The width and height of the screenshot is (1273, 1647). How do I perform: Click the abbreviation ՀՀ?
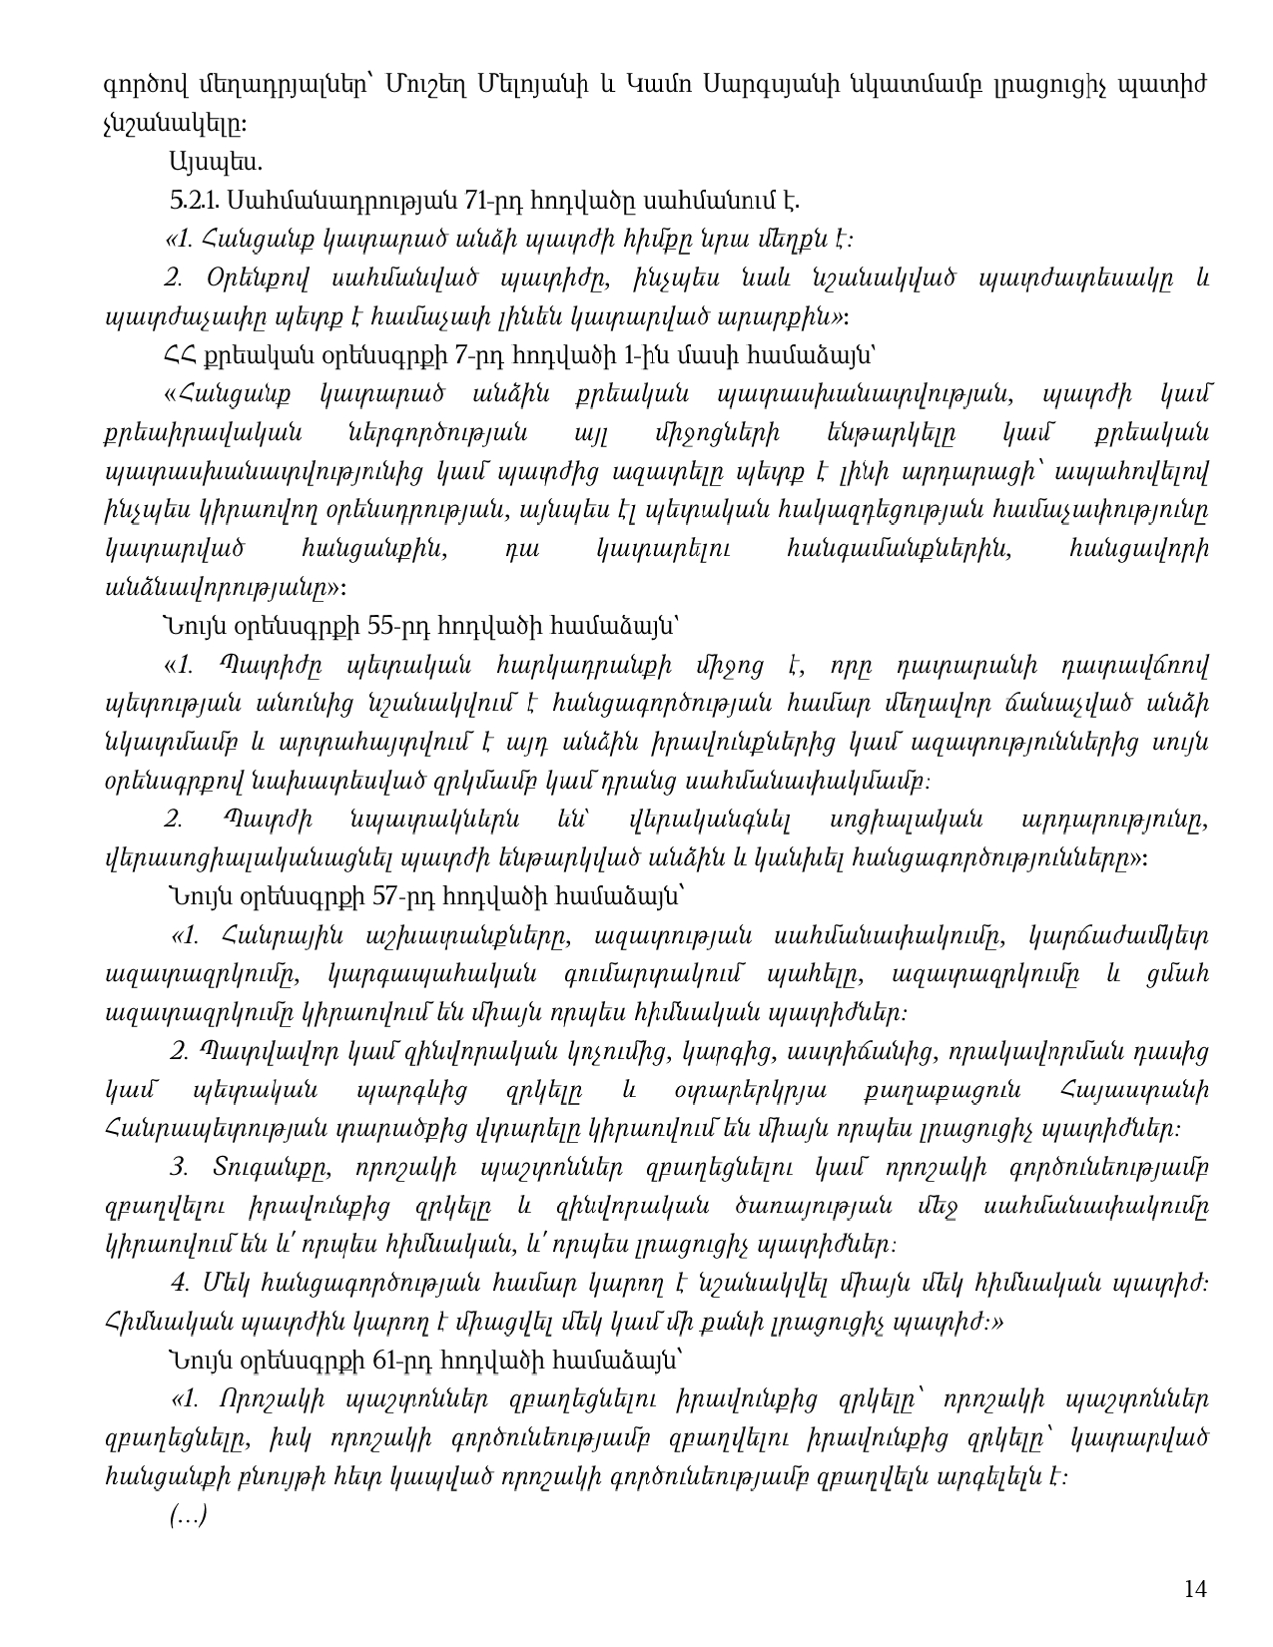click(x=180, y=355)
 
